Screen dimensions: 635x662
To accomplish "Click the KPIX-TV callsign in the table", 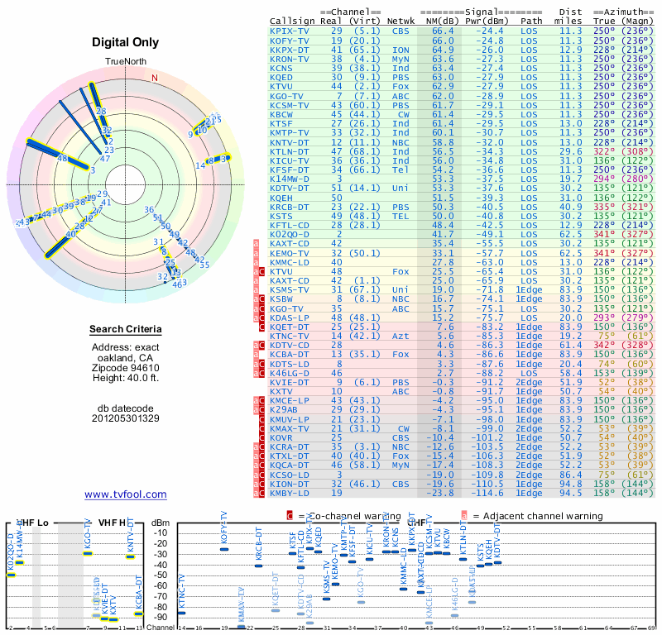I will tap(289, 31).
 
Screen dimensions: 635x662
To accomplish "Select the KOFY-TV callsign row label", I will tap(289, 40).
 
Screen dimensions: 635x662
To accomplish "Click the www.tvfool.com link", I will tap(125, 494).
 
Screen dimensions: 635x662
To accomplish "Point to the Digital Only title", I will tap(125, 42).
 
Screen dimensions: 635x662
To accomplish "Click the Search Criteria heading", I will tap(125, 330).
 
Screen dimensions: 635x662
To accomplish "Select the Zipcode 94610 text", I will tap(125, 368).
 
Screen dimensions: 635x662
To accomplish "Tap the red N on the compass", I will tap(154, 78).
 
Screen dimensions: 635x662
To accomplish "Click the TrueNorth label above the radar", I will tap(125, 63).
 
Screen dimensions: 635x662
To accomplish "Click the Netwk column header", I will tap(401, 20).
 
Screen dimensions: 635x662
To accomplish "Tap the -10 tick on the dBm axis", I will tap(159, 532).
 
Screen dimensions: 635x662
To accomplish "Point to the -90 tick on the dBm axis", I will tap(159, 617).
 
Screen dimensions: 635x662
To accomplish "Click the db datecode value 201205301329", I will tap(125, 418).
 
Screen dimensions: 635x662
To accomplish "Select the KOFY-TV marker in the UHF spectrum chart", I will tap(223, 549).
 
